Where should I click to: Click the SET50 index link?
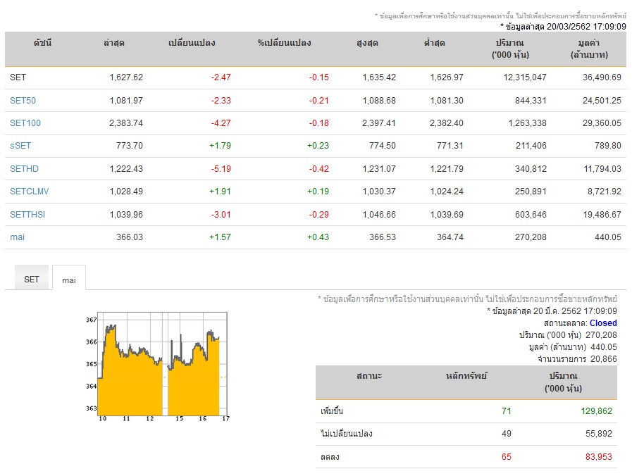[23, 100]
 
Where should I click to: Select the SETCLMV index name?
[29, 192]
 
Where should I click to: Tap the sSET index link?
[20, 145]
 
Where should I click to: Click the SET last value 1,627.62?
[126, 77]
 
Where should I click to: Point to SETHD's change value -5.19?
[221, 169]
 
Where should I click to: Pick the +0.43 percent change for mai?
[318, 237]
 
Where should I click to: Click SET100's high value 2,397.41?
[379, 123]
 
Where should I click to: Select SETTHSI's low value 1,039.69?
[447, 214]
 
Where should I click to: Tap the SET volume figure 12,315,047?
[525, 77]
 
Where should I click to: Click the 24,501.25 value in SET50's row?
[602, 100]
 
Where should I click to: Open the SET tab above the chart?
[32, 279]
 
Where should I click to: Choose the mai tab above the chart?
[69, 280]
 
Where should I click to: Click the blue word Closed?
[603, 323]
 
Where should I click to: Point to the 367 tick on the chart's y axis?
[91, 320]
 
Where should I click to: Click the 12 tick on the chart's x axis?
[150, 418]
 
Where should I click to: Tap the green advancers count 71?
[507, 411]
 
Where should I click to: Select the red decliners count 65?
[507, 457]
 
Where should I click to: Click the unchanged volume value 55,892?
[599, 433]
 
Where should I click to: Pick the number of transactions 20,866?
[603, 358]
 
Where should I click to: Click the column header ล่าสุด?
[113, 43]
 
